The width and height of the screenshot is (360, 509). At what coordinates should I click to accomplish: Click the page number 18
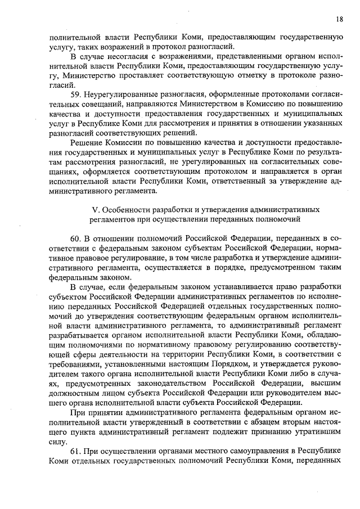(339, 19)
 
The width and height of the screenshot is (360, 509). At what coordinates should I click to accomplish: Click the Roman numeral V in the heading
(94, 209)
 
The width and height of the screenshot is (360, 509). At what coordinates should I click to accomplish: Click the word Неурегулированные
(120, 93)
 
